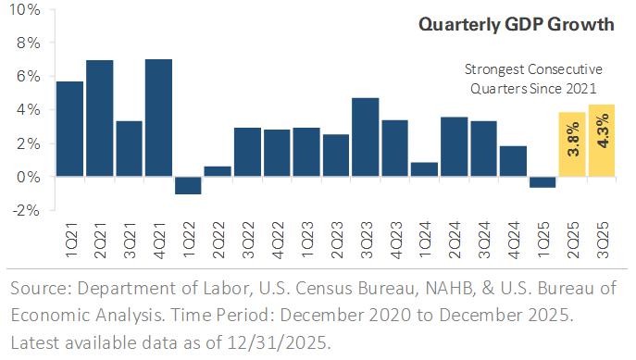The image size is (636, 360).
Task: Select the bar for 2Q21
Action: click(100, 118)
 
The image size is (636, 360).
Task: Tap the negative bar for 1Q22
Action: click(188, 185)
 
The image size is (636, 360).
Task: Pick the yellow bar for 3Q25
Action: click(602, 140)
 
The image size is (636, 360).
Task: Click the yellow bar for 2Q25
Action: click(572, 144)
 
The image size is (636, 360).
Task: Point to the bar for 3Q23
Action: click(365, 137)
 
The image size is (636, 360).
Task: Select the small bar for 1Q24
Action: click(424, 169)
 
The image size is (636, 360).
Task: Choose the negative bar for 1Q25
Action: click(542, 181)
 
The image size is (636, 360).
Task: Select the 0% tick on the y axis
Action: click(28, 177)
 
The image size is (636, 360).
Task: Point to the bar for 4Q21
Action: click(159, 118)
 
